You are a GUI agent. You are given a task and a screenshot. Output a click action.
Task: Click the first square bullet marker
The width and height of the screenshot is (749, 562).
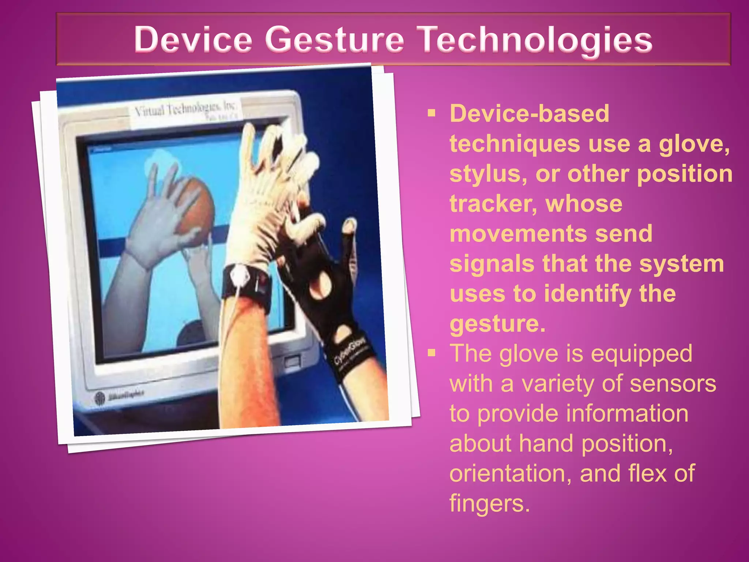[432, 113]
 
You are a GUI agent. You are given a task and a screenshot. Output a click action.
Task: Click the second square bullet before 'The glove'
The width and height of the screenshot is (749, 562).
[432, 353]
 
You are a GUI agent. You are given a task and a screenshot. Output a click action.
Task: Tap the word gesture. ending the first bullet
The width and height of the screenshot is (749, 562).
[497, 324]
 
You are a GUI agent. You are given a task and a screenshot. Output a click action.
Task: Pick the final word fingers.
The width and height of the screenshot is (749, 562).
[489, 503]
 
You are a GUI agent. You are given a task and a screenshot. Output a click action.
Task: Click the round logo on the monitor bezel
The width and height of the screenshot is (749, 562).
[100, 398]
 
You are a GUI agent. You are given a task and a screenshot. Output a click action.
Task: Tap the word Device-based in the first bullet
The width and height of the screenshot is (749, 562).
[529, 114]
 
